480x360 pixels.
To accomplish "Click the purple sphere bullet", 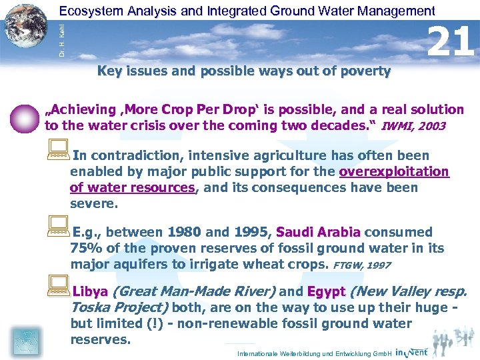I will click(25, 119).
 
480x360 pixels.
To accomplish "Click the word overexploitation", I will click(394, 172).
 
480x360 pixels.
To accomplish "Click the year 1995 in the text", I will click(243, 233).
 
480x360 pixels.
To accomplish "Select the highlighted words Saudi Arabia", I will click(318, 233).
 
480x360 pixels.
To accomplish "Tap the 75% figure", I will click(85, 249).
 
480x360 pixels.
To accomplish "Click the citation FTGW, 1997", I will click(361, 265).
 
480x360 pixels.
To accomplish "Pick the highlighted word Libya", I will click(90, 291).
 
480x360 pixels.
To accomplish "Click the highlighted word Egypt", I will click(325, 291).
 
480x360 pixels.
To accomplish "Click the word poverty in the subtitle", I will click(365, 71).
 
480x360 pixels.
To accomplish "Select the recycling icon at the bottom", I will click(25, 340).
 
